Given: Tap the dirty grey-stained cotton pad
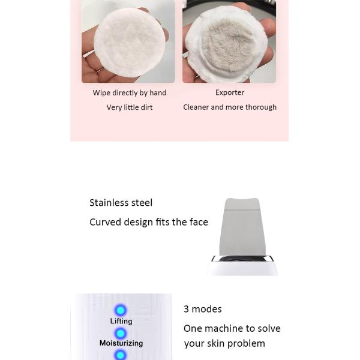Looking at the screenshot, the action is point(227,44).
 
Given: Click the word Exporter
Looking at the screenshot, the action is point(230,92).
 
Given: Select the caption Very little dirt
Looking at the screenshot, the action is point(130,107).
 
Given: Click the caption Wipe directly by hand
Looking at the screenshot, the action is point(130,93).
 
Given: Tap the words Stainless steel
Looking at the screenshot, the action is point(121,203).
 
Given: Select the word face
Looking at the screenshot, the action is point(199,222).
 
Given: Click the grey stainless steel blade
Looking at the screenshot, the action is point(242,227).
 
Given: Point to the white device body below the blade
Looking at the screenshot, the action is point(242,268).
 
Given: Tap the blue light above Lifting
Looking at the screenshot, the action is point(121,310).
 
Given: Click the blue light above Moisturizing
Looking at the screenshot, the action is point(121,334).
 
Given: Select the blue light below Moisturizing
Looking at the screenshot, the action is point(121,355).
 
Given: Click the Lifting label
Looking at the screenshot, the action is point(121,321).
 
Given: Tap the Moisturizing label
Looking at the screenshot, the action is point(121,343).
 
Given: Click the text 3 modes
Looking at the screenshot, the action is point(203,309).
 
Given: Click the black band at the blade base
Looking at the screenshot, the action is point(242,259).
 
